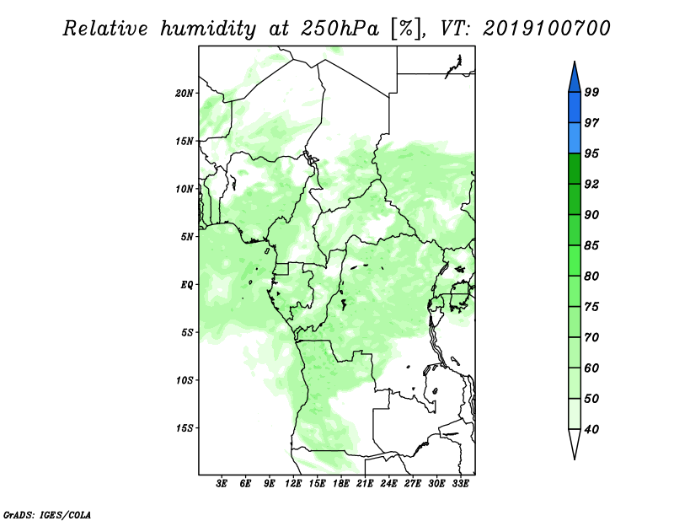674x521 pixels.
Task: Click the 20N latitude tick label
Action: coord(185,94)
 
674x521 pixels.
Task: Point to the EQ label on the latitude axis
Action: coord(186,284)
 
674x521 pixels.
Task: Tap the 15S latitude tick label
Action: coord(185,428)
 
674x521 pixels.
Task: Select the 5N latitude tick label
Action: coord(187,237)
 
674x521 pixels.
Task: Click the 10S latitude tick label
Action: coord(185,380)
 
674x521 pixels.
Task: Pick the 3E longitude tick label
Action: coord(222,484)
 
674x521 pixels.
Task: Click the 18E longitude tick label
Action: coord(341,484)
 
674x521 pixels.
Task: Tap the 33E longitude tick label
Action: coord(460,484)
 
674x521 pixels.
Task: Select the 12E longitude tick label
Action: coord(293,484)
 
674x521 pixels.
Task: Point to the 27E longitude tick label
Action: coord(413,484)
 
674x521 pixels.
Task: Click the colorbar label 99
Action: coord(591,92)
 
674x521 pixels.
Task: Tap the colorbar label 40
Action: coord(591,429)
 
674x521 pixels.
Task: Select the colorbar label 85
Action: coord(591,245)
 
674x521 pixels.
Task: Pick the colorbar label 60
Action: coord(591,368)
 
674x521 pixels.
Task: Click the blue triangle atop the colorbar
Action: coord(575,80)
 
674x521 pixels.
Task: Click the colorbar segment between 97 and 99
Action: coord(575,108)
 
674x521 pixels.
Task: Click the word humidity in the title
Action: coord(208,29)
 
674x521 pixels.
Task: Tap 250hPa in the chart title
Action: coord(340,29)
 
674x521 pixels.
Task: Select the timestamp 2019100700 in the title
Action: coord(546,29)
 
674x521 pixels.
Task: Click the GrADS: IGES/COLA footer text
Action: coord(47,514)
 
